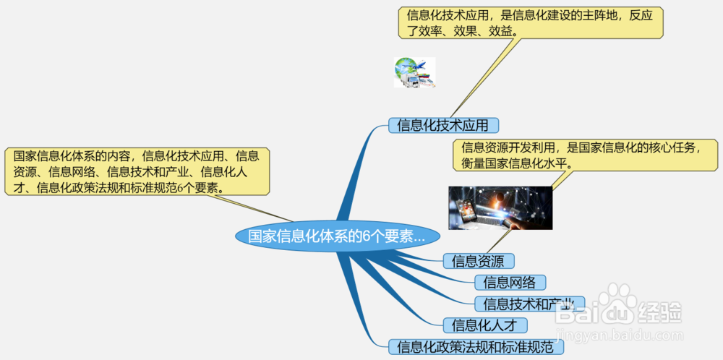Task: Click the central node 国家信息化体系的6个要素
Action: (337, 236)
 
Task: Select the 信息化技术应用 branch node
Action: (444, 125)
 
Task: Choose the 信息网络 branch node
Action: (510, 282)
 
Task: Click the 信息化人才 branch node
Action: (484, 325)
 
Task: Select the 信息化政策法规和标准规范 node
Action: (475, 346)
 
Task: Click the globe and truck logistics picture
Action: (414, 72)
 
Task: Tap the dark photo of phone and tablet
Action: (500, 208)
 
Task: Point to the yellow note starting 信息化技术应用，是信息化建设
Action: (530, 22)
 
